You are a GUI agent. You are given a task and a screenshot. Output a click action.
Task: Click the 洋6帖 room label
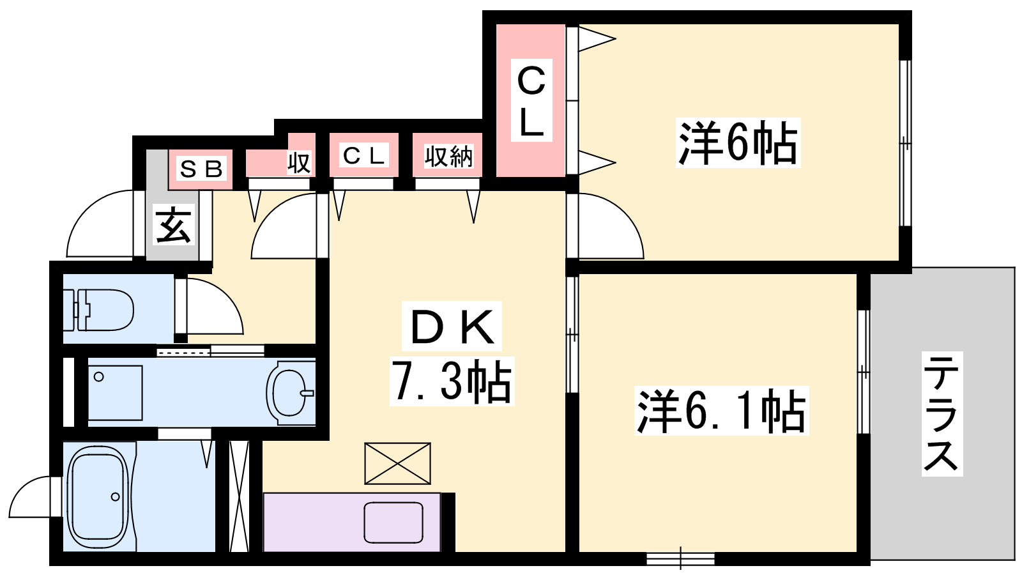pos(738,142)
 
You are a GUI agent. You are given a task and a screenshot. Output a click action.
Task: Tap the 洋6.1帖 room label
pos(721,410)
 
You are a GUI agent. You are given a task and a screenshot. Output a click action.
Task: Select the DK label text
pos(452,326)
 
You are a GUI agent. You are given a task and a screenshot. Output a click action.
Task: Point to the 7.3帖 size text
pos(452,381)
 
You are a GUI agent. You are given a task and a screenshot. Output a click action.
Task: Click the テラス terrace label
pos(942,413)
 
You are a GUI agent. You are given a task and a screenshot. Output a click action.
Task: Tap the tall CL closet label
pos(531,100)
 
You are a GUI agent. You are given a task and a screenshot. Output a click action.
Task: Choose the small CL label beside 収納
pos(363,155)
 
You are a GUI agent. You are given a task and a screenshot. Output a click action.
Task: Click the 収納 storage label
pos(448,156)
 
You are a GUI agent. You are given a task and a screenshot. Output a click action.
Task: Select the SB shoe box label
pos(201,169)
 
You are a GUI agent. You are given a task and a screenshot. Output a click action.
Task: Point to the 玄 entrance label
pos(174,224)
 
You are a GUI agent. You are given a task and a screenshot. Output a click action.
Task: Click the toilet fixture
pos(98,309)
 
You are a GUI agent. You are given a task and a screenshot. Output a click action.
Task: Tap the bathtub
pos(98,499)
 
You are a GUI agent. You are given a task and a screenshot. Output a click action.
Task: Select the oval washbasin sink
pos(290,392)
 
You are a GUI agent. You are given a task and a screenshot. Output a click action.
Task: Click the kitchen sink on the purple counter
pos(393,523)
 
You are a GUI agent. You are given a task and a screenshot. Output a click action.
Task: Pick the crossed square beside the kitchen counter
pos(397,463)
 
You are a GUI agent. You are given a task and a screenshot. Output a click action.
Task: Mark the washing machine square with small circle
pos(115,392)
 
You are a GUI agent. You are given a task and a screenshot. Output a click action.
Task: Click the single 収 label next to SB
pos(299,162)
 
